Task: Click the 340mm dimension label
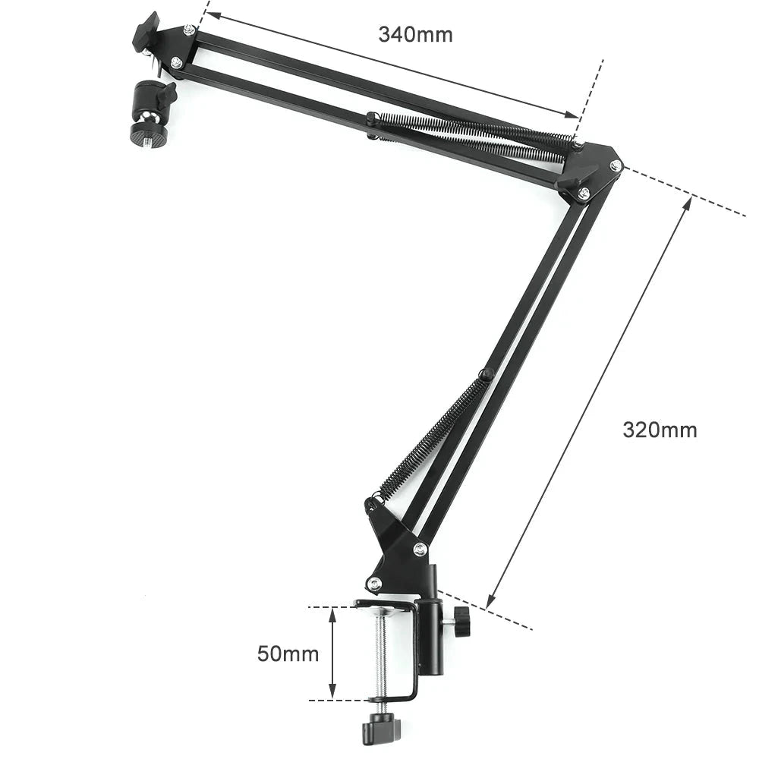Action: click(415, 34)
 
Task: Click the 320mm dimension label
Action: click(660, 430)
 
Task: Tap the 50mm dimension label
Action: click(288, 653)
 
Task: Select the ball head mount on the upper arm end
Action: click(149, 113)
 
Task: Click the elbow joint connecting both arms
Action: click(593, 171)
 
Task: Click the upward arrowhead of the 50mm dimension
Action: click(332, 613)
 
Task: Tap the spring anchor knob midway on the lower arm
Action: click(485, 374)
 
